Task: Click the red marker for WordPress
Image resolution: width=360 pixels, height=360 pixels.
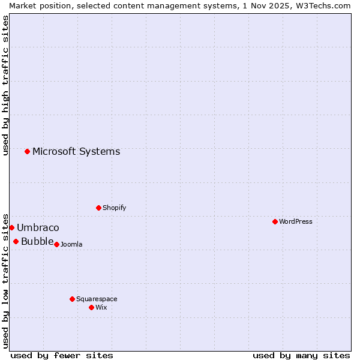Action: pos(275,221)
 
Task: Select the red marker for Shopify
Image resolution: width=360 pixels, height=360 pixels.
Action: pos(98,208)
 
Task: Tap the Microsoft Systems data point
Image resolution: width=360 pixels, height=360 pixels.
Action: pos(27,151)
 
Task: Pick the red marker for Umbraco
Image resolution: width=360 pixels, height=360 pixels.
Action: pos(11,227)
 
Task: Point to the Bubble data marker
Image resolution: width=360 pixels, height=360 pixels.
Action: pos(16,241)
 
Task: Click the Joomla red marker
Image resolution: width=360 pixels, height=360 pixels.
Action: pos(56,244)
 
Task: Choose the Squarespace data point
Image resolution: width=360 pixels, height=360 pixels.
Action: pos(72,299)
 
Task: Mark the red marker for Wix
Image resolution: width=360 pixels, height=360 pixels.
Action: pos(91,307)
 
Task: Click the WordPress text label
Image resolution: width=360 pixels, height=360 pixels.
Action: pos(296,221)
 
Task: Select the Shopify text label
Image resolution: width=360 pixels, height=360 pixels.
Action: pos(114,208)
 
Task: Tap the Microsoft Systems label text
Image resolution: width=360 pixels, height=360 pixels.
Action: pos(76,151)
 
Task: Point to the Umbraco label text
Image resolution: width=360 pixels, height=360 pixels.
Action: pos(38,227)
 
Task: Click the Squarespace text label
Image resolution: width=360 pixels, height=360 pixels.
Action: pos(97,299)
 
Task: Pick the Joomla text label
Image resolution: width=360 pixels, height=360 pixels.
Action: pos(71,244)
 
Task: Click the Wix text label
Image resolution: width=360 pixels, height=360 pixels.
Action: pos(101,307)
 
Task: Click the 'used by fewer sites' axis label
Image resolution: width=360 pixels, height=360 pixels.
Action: pos(62,355)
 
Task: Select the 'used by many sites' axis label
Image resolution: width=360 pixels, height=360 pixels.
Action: pos(301,355)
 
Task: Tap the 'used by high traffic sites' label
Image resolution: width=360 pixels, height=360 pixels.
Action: pos(5,85)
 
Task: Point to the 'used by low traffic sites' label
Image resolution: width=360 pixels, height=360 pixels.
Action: pos(5,280)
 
